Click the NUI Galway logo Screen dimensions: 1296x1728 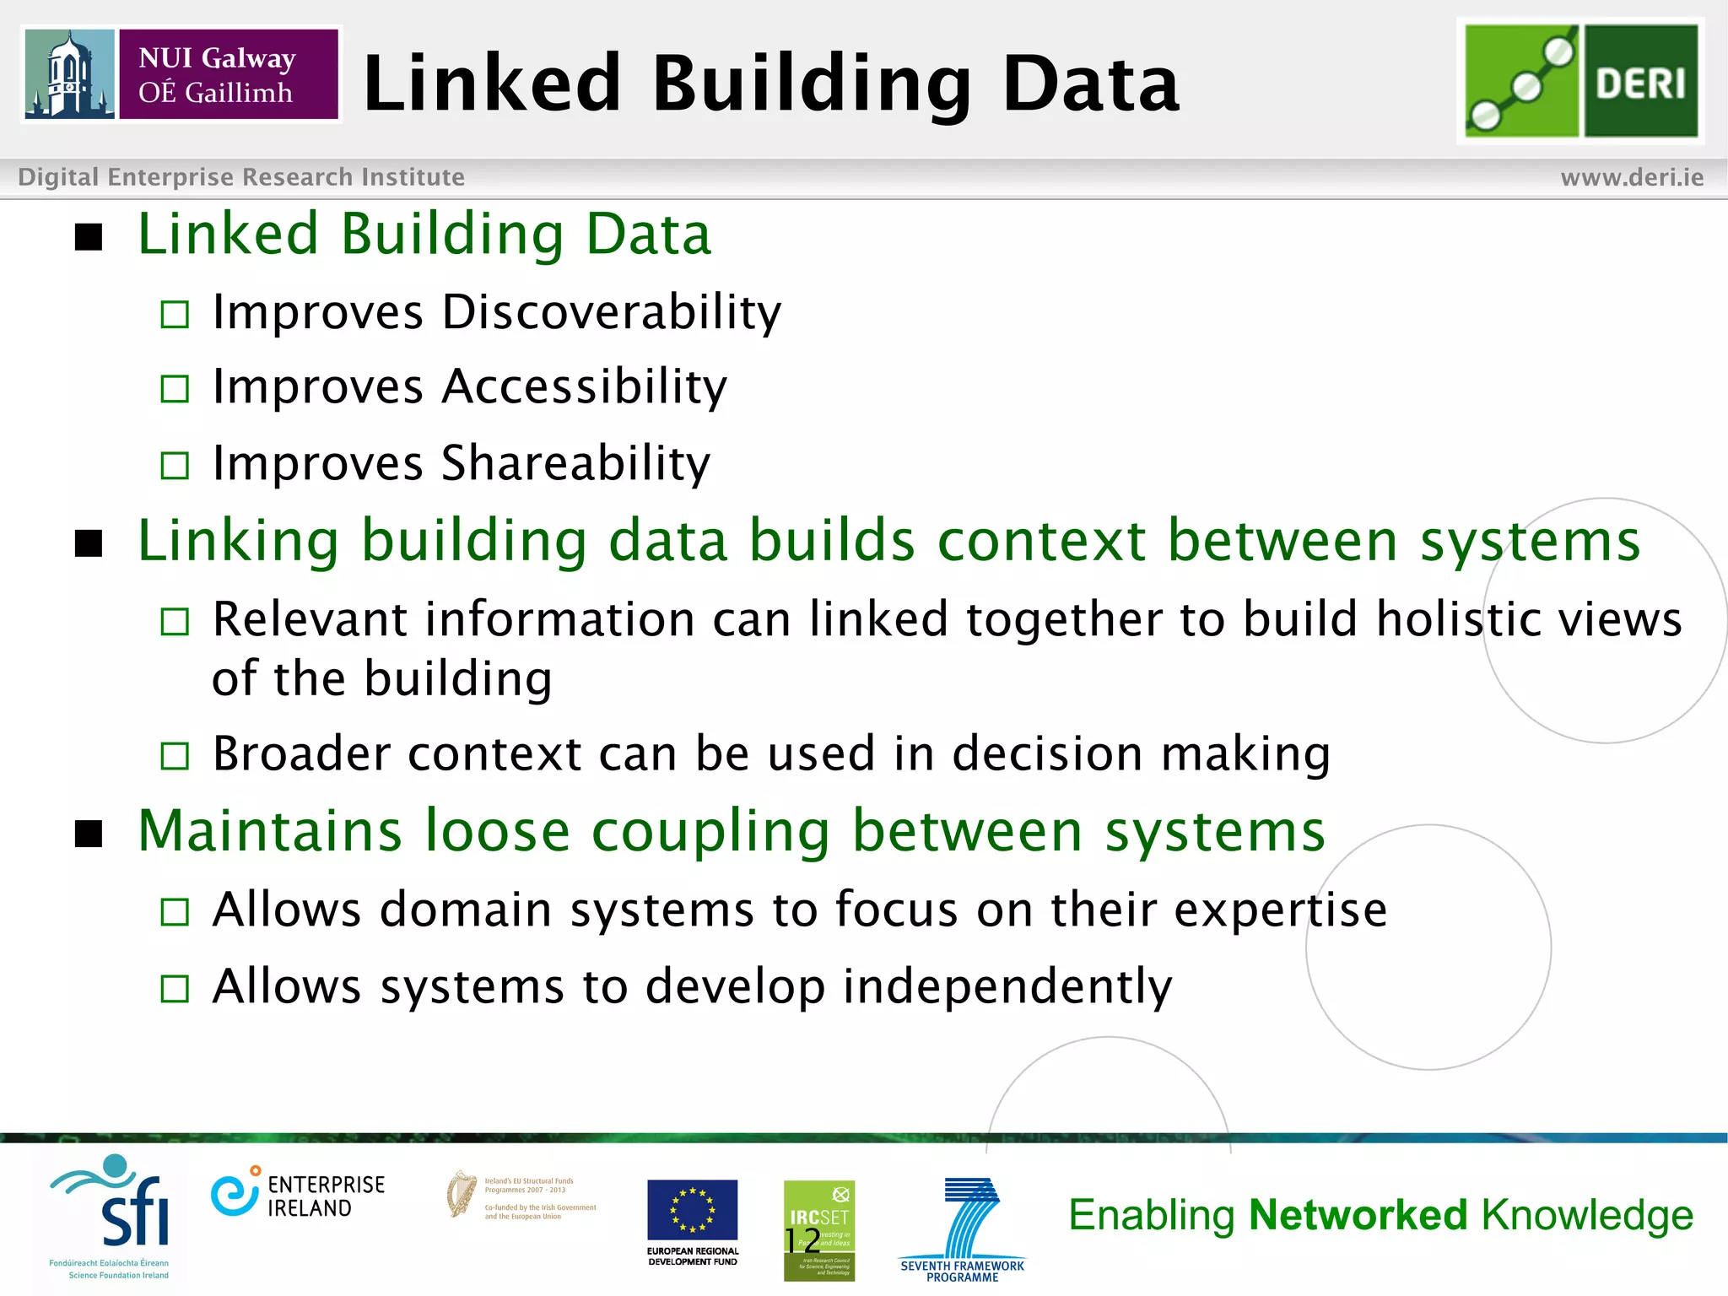181,74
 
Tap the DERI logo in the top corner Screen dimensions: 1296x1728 1581,81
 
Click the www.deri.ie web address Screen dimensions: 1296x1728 1632,177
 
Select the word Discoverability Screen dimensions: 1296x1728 612,312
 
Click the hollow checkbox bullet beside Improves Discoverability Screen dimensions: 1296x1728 175,315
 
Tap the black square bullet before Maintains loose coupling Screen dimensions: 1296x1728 89,834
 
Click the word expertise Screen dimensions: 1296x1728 1281,910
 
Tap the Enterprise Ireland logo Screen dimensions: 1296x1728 298,1195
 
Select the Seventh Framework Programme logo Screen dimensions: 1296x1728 963,1228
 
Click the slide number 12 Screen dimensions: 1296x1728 802,1240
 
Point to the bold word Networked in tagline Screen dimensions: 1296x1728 1358,1215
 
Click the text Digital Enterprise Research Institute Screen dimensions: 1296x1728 241,177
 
